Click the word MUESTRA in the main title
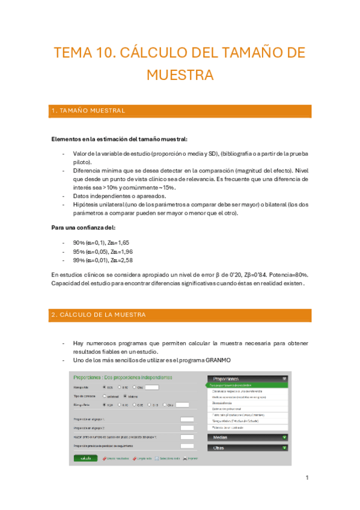180,75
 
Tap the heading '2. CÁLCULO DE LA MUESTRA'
99,315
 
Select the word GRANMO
217,360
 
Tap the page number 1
307,478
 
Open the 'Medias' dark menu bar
247,437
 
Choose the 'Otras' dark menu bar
247,447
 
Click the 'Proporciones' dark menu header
247,379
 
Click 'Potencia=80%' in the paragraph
285,274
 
